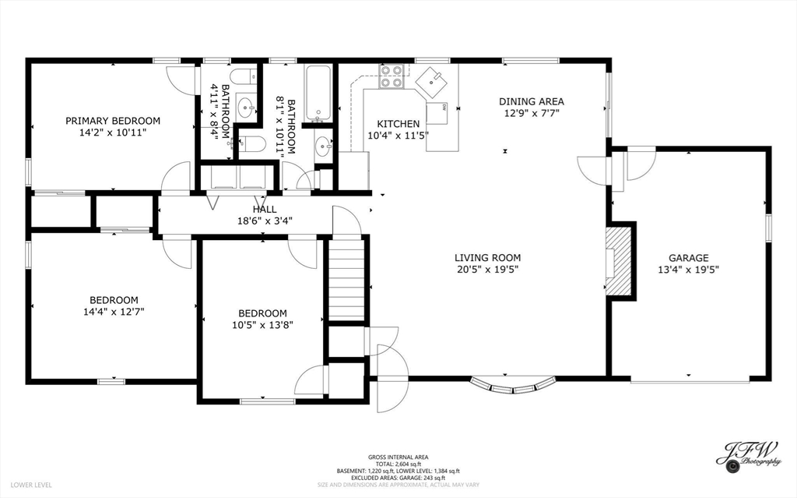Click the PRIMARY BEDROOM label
pyautogui.click(x=113, y=121)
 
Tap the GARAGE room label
pyautogui.click(x=688, y=258)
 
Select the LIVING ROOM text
pyautogui.click(x=487, y=258)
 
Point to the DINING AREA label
pyautogui.click(x=531, y=101)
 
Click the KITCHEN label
pyautogui.click(x=398, y=124)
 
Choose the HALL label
pyautogui.click(x=265, y=210)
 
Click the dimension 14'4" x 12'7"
pyautogui.click(x=114, y=312)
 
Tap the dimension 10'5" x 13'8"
pyautogui.click(x=263, y=325)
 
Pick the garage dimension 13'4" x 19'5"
pyautogui.click(x=688, y=270)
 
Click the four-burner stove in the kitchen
pyautogui.click(x=392, y=76)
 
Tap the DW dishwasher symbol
pyautogui.click(x=437, y=113)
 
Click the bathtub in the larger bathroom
pyautogui.click(x=318, y=94)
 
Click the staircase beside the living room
pyautogui.click(x=346, y=280)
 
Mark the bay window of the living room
pyautogui.click(x=514, y=386)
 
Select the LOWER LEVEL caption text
pyautogui.click(x=31, y=486)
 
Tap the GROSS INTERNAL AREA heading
pyautogui.click(x=398, y=457)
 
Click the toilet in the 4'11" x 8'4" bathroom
pyautogui.click(x=244, y=76)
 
